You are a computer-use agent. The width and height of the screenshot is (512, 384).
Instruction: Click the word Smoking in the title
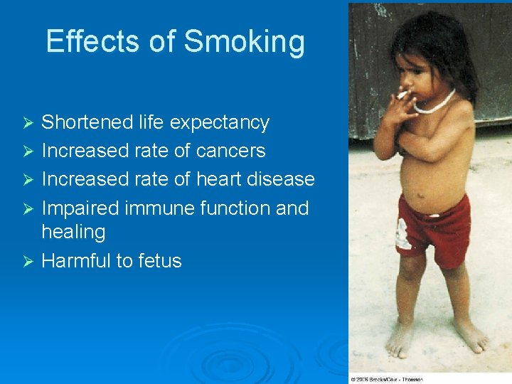coord(245,42)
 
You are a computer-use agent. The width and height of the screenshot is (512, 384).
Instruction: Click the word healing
coord(73,232)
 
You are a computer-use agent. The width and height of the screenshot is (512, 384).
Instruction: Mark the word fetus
coord(160,261)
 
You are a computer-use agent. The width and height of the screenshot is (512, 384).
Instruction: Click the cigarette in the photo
coord(402,94)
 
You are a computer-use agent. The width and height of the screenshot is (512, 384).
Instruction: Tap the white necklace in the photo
coord(436,105)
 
